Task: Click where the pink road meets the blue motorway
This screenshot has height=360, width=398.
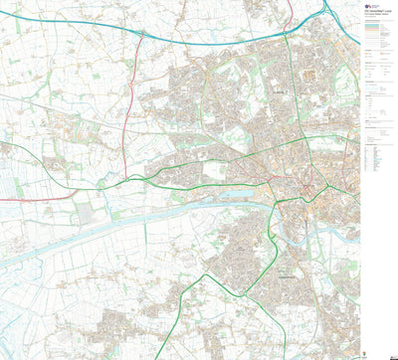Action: coord(141,33)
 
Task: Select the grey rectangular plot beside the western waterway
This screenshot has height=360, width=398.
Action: coord(85,212)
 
